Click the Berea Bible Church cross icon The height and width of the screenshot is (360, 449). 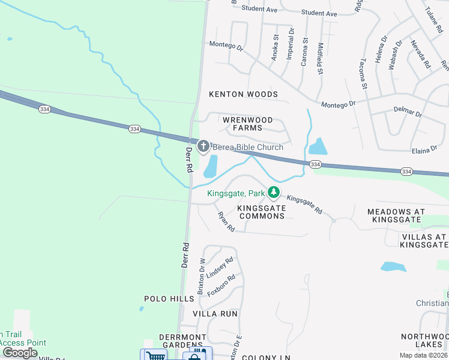[203, 146]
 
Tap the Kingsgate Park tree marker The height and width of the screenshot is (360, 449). [274, 193]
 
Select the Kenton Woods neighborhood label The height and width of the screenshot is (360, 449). [243, 94]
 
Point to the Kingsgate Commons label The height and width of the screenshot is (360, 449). [261, 212]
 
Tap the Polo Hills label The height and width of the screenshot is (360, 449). [162, 299]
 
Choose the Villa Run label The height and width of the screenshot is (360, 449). [215, 314]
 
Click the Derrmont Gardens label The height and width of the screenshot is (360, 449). [182, 341]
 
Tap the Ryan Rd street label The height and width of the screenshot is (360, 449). [226, 221]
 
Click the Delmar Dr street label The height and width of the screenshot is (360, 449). [408, 113]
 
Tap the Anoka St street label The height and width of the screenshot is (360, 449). [276, 47]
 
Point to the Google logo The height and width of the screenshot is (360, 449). [20, 353]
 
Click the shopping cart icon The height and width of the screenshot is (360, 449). [155, 356]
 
